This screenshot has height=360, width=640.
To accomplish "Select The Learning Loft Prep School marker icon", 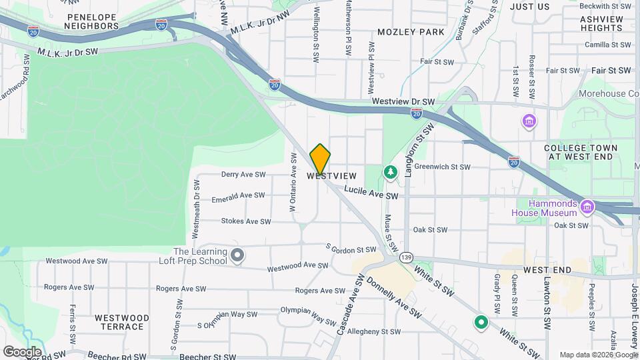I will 237,255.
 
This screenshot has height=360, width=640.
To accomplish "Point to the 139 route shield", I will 406,257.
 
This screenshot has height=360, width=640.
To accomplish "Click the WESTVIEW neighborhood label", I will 332,176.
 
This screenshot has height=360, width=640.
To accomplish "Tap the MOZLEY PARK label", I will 411,31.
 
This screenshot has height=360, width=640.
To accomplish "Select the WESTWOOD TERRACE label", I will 121,322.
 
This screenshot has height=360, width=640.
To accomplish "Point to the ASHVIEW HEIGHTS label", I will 601,23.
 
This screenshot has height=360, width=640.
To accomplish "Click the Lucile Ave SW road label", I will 371,193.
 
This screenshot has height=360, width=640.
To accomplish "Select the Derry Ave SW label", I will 243,175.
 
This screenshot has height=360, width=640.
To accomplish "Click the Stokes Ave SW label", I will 246,221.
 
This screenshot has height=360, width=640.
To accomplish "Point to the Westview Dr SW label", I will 403,102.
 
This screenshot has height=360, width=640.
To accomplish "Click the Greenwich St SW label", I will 442,167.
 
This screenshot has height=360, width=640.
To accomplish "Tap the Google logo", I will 22,351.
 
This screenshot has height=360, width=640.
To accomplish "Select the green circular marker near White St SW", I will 481,323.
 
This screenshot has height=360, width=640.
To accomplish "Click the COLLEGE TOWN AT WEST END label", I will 580,151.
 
